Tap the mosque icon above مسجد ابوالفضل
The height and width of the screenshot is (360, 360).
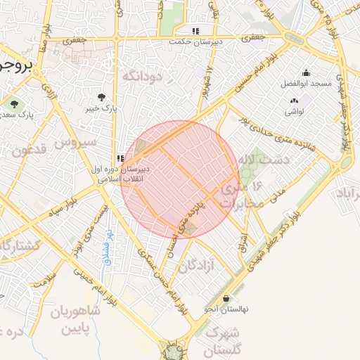coord(306,72)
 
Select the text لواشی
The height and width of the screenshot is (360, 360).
coord(293,112)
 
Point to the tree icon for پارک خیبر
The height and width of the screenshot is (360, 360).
coord(103,97)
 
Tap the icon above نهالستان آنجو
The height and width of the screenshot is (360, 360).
coord(226,298)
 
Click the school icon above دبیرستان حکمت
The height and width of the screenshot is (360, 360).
coord(195,31)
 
